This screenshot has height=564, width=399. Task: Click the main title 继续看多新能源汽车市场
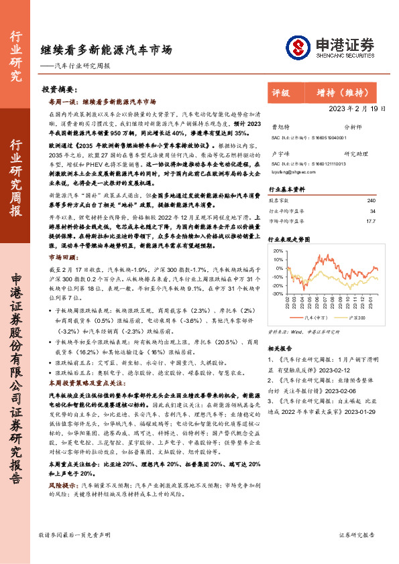pyautogui.click(x=105, y=50)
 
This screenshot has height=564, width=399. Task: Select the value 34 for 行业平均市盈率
pyautogui.click(x=372, y=210)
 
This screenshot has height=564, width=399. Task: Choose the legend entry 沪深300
pyautogui.click(x=357, y=318)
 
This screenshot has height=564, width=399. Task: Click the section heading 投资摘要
pyautogui.click(x=59, y=89)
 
